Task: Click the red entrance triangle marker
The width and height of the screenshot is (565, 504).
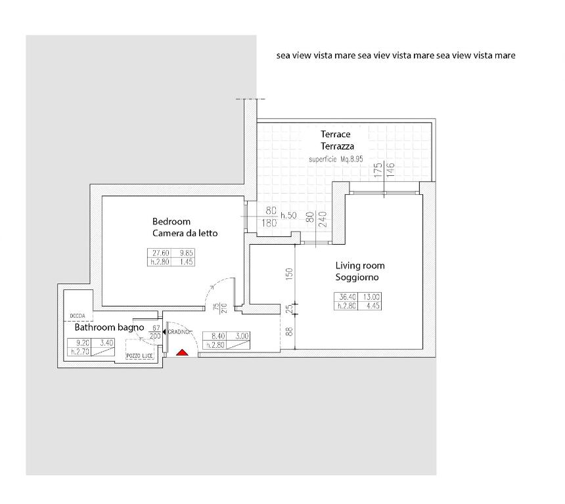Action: pyautogui.click(x=183, y=352)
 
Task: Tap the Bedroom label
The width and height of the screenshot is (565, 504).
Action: pyautogui.click(x=171, y=221)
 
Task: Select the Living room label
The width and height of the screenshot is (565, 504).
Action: pyautogui.click(x=360, y=266)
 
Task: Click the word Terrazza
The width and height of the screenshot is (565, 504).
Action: pyautogui.click(x=337, y=146)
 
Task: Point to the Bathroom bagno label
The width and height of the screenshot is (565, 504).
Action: pyautogui.click(x=109, y=327)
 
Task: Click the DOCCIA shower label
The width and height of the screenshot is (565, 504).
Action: pyautogui.click(x=78, y=316)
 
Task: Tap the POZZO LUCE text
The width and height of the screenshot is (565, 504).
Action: pyautogui.click(x=139, y=356)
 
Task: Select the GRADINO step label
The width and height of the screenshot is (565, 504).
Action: pyautogui.click(x=179, y=332)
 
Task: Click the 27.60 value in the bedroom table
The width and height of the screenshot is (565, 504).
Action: pyautogui.click(x=161, y=253)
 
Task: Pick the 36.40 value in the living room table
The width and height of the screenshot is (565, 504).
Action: pyautogui.click(x=348, y=297)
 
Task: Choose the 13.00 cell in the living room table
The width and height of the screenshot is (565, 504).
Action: pyautogui.click(x=371, y=297)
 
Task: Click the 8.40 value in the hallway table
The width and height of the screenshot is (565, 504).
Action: pyautogui.click(x=218, y=336)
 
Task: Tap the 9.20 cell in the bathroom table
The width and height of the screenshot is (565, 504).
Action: pyautogui.click(x=83, y=343)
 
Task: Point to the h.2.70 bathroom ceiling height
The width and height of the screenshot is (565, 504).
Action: pyautogui.click(x=80, y=351)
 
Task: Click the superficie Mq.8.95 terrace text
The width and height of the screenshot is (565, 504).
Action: pyautogui.click(x=336, y=159)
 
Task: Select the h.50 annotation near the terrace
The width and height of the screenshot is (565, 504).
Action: pyautogui.click(x=288, y=215)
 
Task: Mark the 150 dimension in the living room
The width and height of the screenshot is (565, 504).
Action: pyautogui.click(x=289, y=274)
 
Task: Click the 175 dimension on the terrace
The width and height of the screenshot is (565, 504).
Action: pyautogui.click(x=378, y=170)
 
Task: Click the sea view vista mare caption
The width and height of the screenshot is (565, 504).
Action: pyautogui.click(x=395, y=55)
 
